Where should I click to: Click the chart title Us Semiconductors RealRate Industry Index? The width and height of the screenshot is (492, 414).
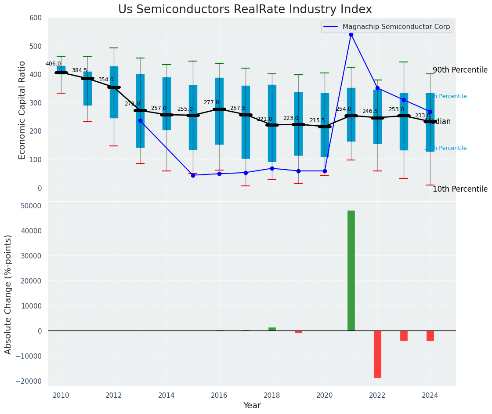click(x=245, y=10)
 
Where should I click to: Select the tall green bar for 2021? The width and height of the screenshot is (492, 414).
click(x=351, y=270)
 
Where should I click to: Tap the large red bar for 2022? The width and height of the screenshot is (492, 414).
click(x=377, y=354)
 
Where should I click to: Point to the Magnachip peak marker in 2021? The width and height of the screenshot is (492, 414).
click(x=351, y=34)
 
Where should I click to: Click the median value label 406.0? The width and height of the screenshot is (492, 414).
click(x=53, y=64)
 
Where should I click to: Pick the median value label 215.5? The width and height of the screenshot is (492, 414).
click(x=317, y=120)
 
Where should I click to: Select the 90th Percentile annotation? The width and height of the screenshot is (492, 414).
click(x=460, y=70)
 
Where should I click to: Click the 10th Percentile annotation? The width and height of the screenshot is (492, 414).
click(x=460, y=189)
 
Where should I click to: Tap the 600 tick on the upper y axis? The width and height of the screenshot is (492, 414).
click(x=36, y=18)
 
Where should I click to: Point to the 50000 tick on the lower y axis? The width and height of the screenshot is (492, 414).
click(x=28, y=206)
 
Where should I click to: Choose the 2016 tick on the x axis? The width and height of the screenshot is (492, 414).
click(x=219, y=395)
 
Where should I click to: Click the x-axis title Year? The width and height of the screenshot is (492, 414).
click(x=252, y=406)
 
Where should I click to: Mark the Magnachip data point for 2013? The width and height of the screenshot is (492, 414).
click(x=140, y=120)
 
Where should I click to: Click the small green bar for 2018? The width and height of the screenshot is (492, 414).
click(x=272, y=329)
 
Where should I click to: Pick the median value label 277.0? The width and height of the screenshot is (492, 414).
click(x=211, y=102)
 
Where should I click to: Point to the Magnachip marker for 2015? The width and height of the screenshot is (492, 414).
click(x=193, y=175)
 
